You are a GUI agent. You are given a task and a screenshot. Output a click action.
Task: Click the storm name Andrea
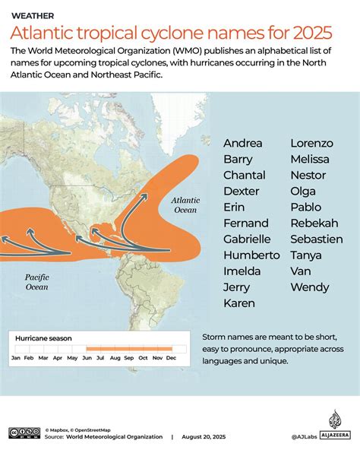(243, 143)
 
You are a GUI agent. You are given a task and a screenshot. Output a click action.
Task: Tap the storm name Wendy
(310, 287)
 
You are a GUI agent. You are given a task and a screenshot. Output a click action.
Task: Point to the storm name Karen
(239, 303)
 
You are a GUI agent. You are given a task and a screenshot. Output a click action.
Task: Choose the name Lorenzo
(311, 143)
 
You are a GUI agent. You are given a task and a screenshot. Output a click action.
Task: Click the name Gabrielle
(247, 239)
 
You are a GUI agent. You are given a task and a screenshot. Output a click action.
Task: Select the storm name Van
(301, 271)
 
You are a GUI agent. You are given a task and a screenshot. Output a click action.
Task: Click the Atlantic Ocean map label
(185, 204)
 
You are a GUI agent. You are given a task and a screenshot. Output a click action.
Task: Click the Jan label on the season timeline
(16, 357)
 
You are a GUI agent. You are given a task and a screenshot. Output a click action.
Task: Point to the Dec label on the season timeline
(171, 357)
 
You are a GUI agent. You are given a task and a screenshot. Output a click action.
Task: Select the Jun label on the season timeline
(87, 357)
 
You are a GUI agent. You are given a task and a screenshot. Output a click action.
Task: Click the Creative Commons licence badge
(24, 433)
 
